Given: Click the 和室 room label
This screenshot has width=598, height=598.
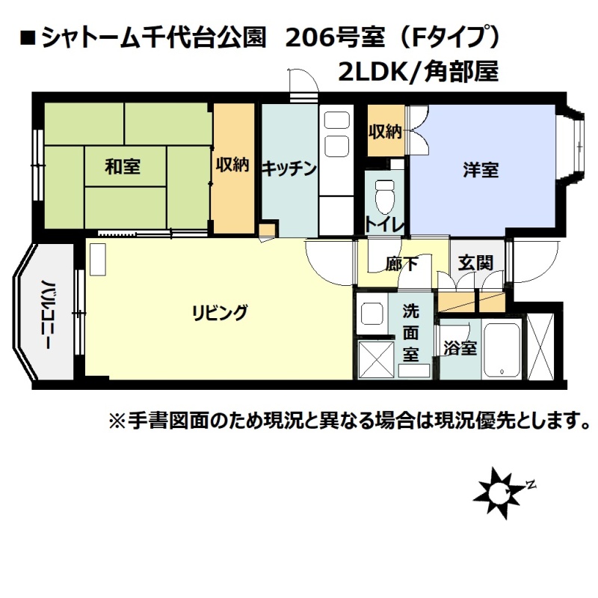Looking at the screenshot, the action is coord(123,166).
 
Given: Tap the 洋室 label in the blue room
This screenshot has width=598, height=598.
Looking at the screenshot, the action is coord(481,170).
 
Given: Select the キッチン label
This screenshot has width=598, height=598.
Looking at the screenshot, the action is coord(289,168).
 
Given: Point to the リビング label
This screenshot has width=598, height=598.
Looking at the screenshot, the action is coord(220,312).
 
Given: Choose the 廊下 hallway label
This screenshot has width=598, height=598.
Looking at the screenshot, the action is coord(401,263).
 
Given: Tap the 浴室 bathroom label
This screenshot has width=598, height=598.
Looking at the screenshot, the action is coord(460,347).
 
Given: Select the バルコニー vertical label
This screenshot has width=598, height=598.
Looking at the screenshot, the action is coord(46,314).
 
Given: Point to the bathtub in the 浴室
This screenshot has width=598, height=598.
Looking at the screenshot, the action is coord(502,351).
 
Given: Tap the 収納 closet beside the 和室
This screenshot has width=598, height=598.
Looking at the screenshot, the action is coord(233,168).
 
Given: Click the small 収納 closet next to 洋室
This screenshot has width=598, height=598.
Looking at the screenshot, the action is coord(386,130).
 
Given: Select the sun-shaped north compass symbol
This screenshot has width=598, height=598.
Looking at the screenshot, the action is coord(498,492).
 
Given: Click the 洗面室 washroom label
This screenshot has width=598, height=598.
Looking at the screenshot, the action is coord(410,333).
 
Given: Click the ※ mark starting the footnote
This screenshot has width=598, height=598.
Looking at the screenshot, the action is coord(117,421).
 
